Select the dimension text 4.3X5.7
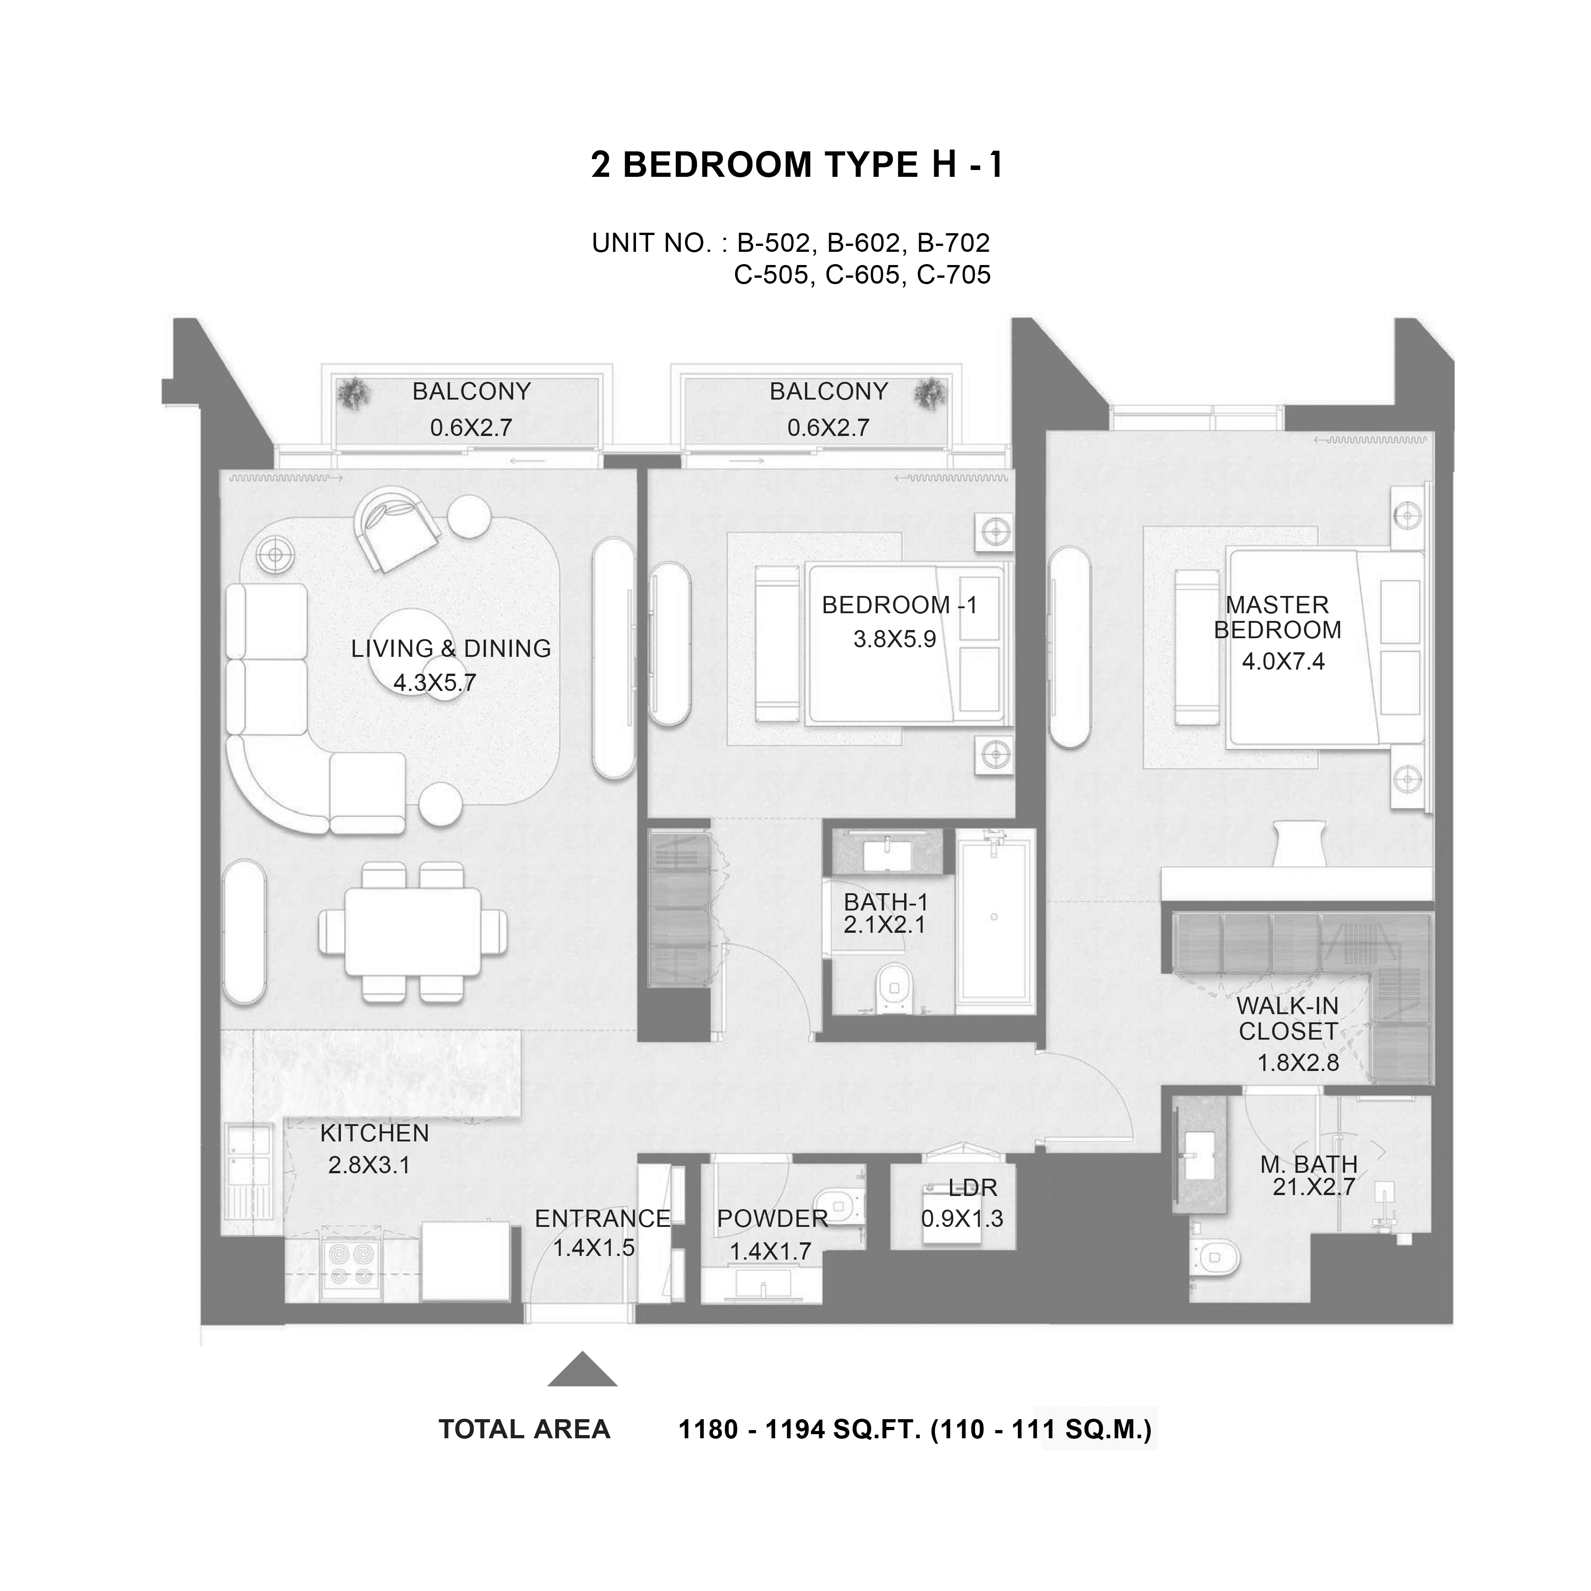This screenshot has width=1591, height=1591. (435, 683)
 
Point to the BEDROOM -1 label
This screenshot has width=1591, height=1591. (899, 605)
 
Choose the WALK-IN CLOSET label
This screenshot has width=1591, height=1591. (1288, 1019)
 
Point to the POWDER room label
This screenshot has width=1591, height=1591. (772, 1218)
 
